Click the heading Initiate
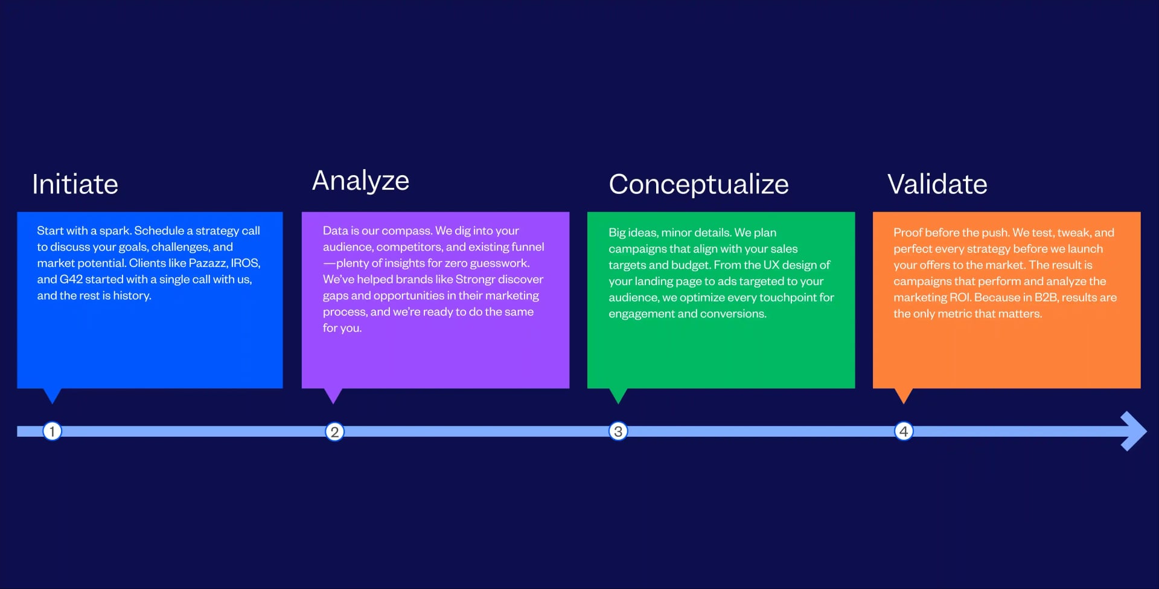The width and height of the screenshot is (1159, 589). (x=75, y=184)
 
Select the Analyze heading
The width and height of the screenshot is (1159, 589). (x=360, y=181)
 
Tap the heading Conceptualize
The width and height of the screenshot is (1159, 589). (x=698, y=184)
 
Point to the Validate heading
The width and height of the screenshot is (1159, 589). (x=937, y=184)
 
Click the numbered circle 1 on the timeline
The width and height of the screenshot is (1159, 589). (x=53, y=431)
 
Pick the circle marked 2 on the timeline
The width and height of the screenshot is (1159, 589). (x=334, y=432)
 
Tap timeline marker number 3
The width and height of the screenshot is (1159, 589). (x=618, y=431)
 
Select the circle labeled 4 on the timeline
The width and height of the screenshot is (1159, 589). (x=904, y=431)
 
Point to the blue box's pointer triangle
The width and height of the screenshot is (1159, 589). (x=53, y=395)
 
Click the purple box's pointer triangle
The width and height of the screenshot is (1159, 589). (x=333, y=395)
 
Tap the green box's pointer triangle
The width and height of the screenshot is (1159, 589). (x=618, y=395)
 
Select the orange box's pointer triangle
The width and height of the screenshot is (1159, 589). (x=904, y=395)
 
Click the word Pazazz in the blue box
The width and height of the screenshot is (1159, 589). (x=208, y=263)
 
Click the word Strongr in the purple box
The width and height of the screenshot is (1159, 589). (x=475, y=280)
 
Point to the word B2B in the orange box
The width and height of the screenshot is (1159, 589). (x=1046, y=298)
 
